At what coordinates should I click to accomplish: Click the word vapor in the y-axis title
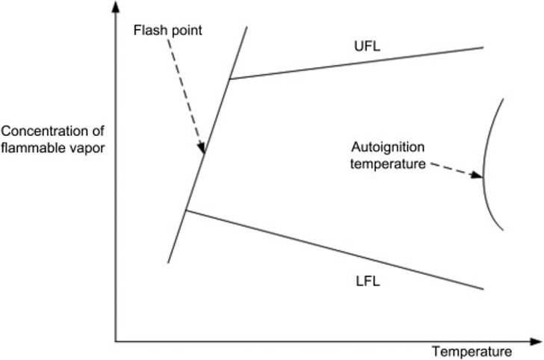click(x=87, y=146)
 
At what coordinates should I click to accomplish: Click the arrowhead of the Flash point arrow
click(x=202, y=150)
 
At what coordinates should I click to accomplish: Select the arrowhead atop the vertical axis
click(x=115, y=7)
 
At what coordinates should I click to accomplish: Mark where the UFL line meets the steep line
click(x=230, y=78)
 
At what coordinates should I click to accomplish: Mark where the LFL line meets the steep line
click(x=186, y=211)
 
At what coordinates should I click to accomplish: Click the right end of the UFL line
click(x=483, y=47)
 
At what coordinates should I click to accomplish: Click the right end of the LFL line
click(x=483, y=288)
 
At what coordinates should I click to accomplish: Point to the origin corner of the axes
click(x=115, y=341)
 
